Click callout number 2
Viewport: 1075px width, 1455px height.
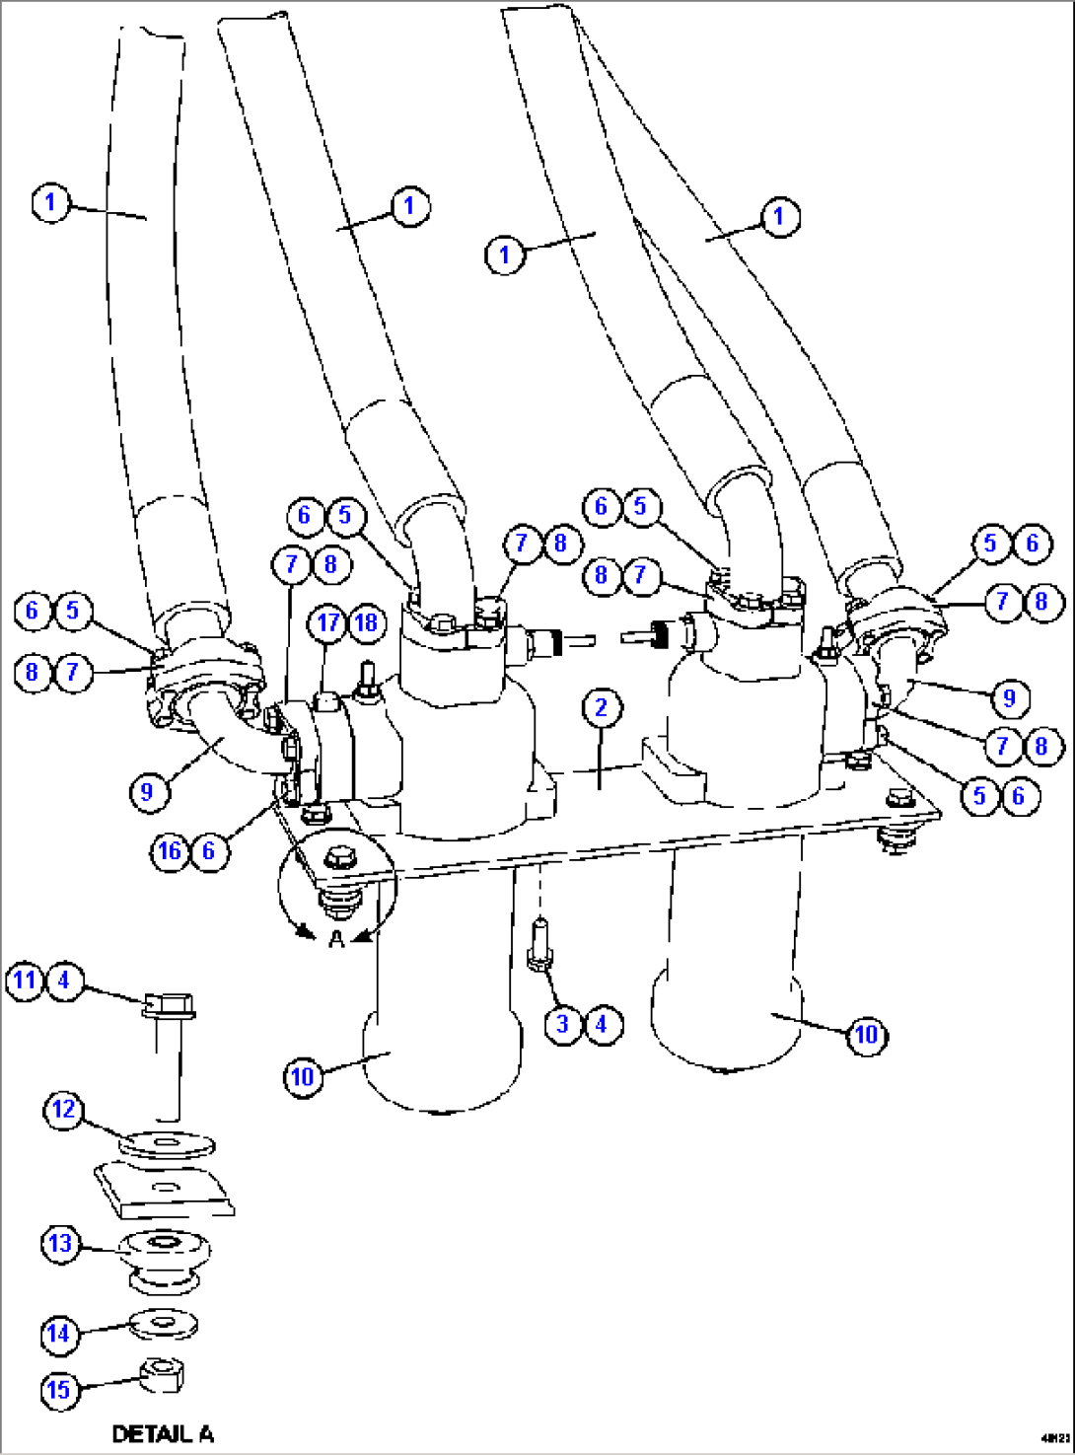601,707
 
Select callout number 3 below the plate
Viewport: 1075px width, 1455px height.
562,1023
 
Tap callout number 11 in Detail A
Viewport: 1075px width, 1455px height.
25,981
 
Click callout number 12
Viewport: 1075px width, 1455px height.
63,1110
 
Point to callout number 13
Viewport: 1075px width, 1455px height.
60,1243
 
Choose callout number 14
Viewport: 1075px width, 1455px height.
58,1334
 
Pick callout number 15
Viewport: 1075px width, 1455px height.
58,1390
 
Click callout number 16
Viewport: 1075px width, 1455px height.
170,850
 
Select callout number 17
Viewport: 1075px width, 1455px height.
327,622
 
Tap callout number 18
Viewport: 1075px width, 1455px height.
366,622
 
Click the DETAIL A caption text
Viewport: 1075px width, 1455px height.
163,1434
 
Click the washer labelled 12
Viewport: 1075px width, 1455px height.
167,1145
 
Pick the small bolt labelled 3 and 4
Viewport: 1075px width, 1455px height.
540,945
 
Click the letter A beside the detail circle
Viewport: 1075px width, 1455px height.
336,940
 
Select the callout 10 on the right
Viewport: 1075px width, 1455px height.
866,1034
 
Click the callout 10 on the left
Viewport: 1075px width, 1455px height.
302,1075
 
